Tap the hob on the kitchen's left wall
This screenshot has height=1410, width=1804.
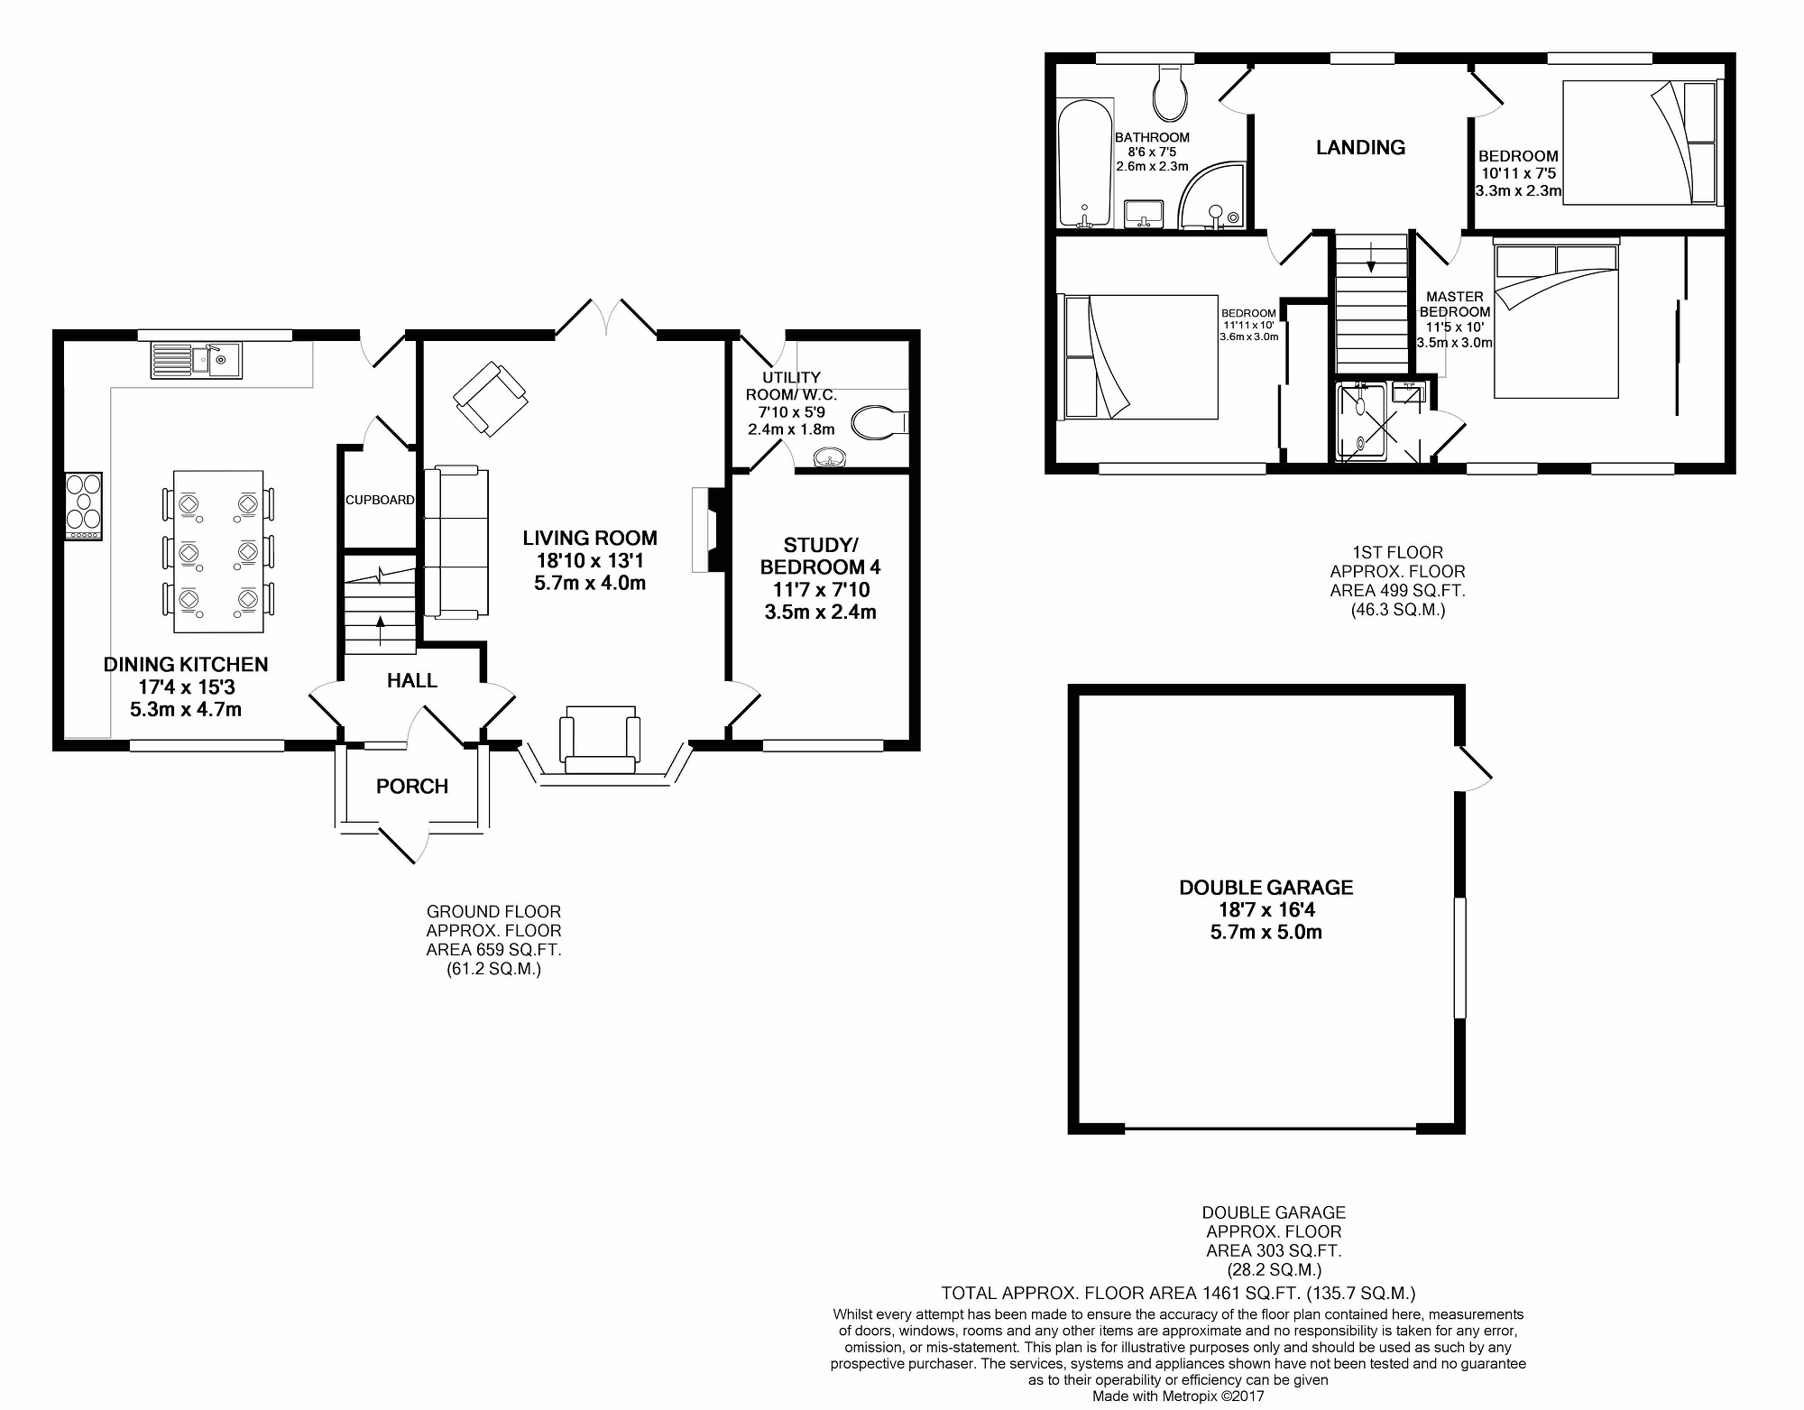pyautogui.click(x=84, y=507)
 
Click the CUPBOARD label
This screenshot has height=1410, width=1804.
pyautogui.click(x=380, y=500)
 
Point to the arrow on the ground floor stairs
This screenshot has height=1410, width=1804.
pyautogui.click(x=379, y=628)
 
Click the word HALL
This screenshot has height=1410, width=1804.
pyautogui.click(x=412, y=681)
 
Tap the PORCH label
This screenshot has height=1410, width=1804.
pyautogui.click(x=412, y=787)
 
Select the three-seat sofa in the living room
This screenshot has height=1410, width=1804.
pyautogui.click(x=456, y=541)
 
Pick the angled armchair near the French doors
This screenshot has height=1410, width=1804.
pyautogui.click(x=490, y=399)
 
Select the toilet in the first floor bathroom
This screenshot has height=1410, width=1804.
pyautogui.click(x=1171, y=92)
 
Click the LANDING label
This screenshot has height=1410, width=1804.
pyautogui.click(x=1360, y=148)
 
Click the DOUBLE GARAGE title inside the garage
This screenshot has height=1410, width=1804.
pyautogui.click(x=1266, y=888)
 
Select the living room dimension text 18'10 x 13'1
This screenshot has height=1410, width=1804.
pyautogui.click(x=590, y=560)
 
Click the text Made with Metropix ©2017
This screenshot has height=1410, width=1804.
pyautogui.click(x=1179, y=1396)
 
